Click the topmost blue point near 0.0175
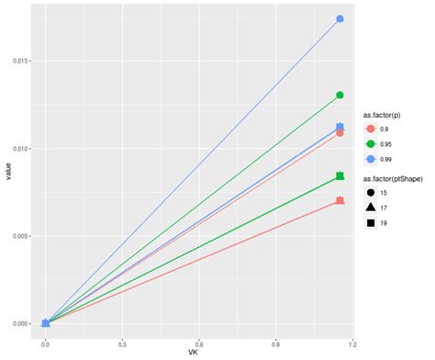point(340,19)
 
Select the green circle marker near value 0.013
point(340,96)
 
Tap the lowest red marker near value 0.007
point(340,200)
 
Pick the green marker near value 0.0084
point(340,175)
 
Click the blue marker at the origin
point(46,323)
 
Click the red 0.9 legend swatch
point(371,128)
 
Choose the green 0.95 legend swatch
point(371,143)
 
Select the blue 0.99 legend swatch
point(371,159)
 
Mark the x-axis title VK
point(193,354)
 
